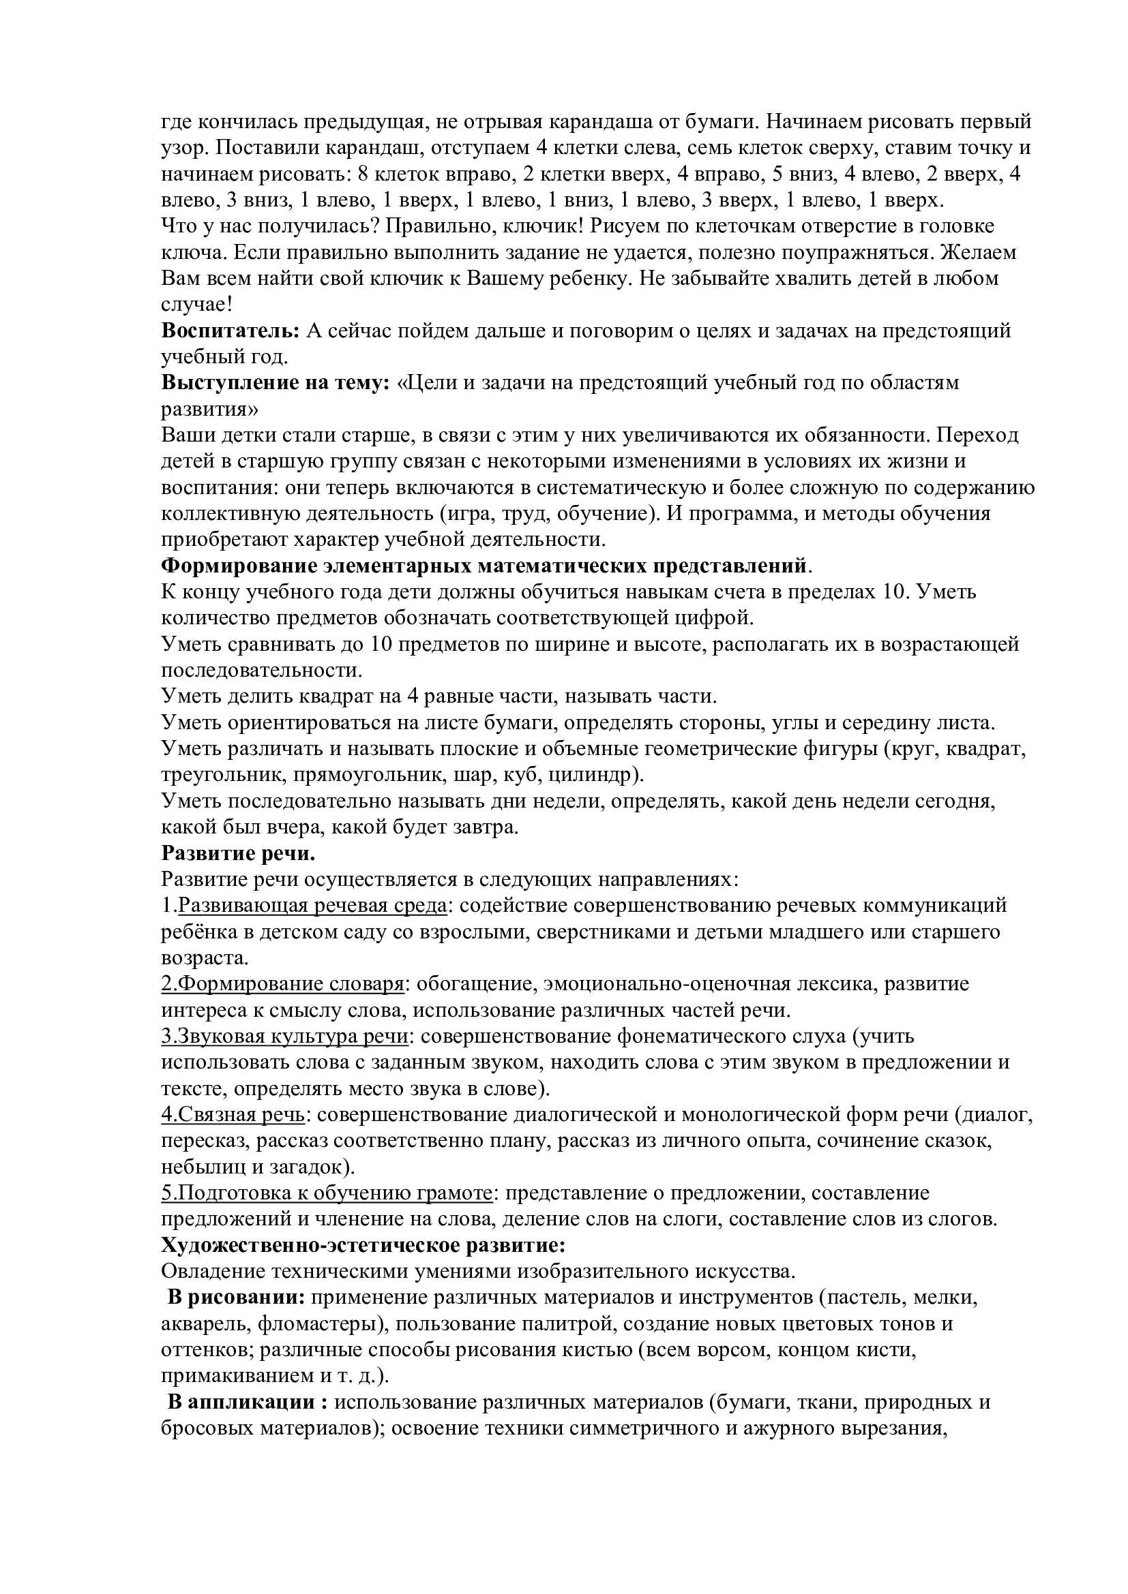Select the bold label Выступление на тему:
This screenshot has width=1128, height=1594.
[x=275, y=382]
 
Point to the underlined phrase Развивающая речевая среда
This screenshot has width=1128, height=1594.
[x=312, y=905]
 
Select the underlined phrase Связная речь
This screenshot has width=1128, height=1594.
[x=239, y=1114]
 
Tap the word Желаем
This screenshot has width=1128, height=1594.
[x=976, y=252]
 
